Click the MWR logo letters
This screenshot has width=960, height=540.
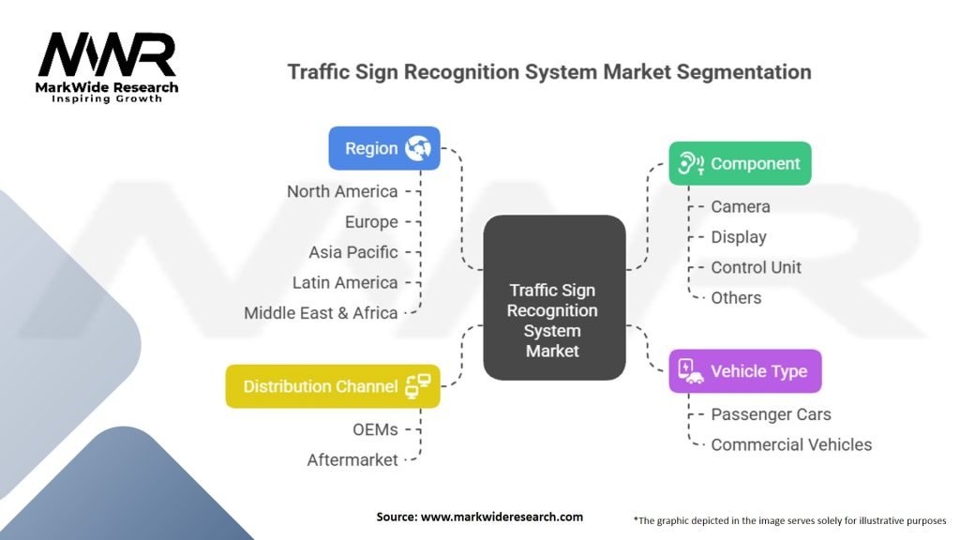tap(107, 56)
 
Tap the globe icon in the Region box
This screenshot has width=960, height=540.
tap(417, 148)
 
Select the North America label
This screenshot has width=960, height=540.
tap(342, 191)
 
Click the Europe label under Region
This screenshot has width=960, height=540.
tap(370, 222)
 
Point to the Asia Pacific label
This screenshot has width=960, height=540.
tap(352, 252)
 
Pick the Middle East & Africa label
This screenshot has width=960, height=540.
tap(321, 312)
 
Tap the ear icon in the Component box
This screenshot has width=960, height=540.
tap(690, 163)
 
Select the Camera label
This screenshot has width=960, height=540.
tap(741, 206)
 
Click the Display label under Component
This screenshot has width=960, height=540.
tap(739, 237)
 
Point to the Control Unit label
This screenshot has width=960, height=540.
tap(756, 267)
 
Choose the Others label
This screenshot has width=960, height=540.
tap(736, 297)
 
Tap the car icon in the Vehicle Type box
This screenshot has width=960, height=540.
tap(690, 371)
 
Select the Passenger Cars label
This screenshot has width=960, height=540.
tap(771, 414)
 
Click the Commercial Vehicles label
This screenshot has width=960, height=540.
tap(791, 444)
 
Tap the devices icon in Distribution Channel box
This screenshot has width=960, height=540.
tap(417, 386)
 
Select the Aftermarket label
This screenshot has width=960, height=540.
tap(352, 459)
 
